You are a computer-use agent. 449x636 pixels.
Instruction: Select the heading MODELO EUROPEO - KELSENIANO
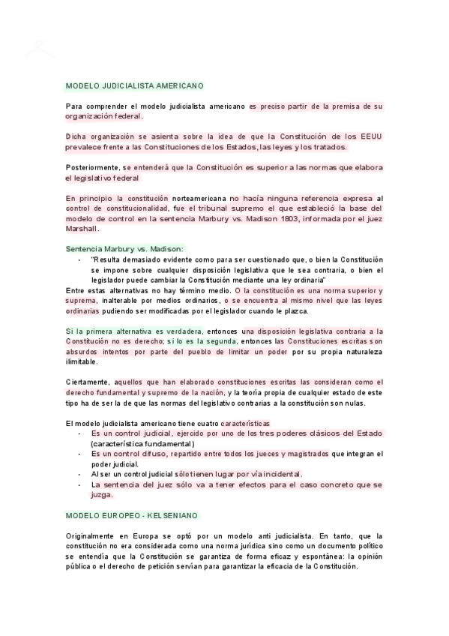click(131, 517)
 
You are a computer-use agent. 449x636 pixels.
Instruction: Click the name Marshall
click(82, 229)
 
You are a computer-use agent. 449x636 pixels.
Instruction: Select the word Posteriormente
click(93, 167)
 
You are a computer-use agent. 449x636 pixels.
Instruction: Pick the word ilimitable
click(82, 361)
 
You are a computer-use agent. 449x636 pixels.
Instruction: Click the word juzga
click(102, 494)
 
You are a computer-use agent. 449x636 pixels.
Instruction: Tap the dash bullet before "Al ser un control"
click(80, 474)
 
